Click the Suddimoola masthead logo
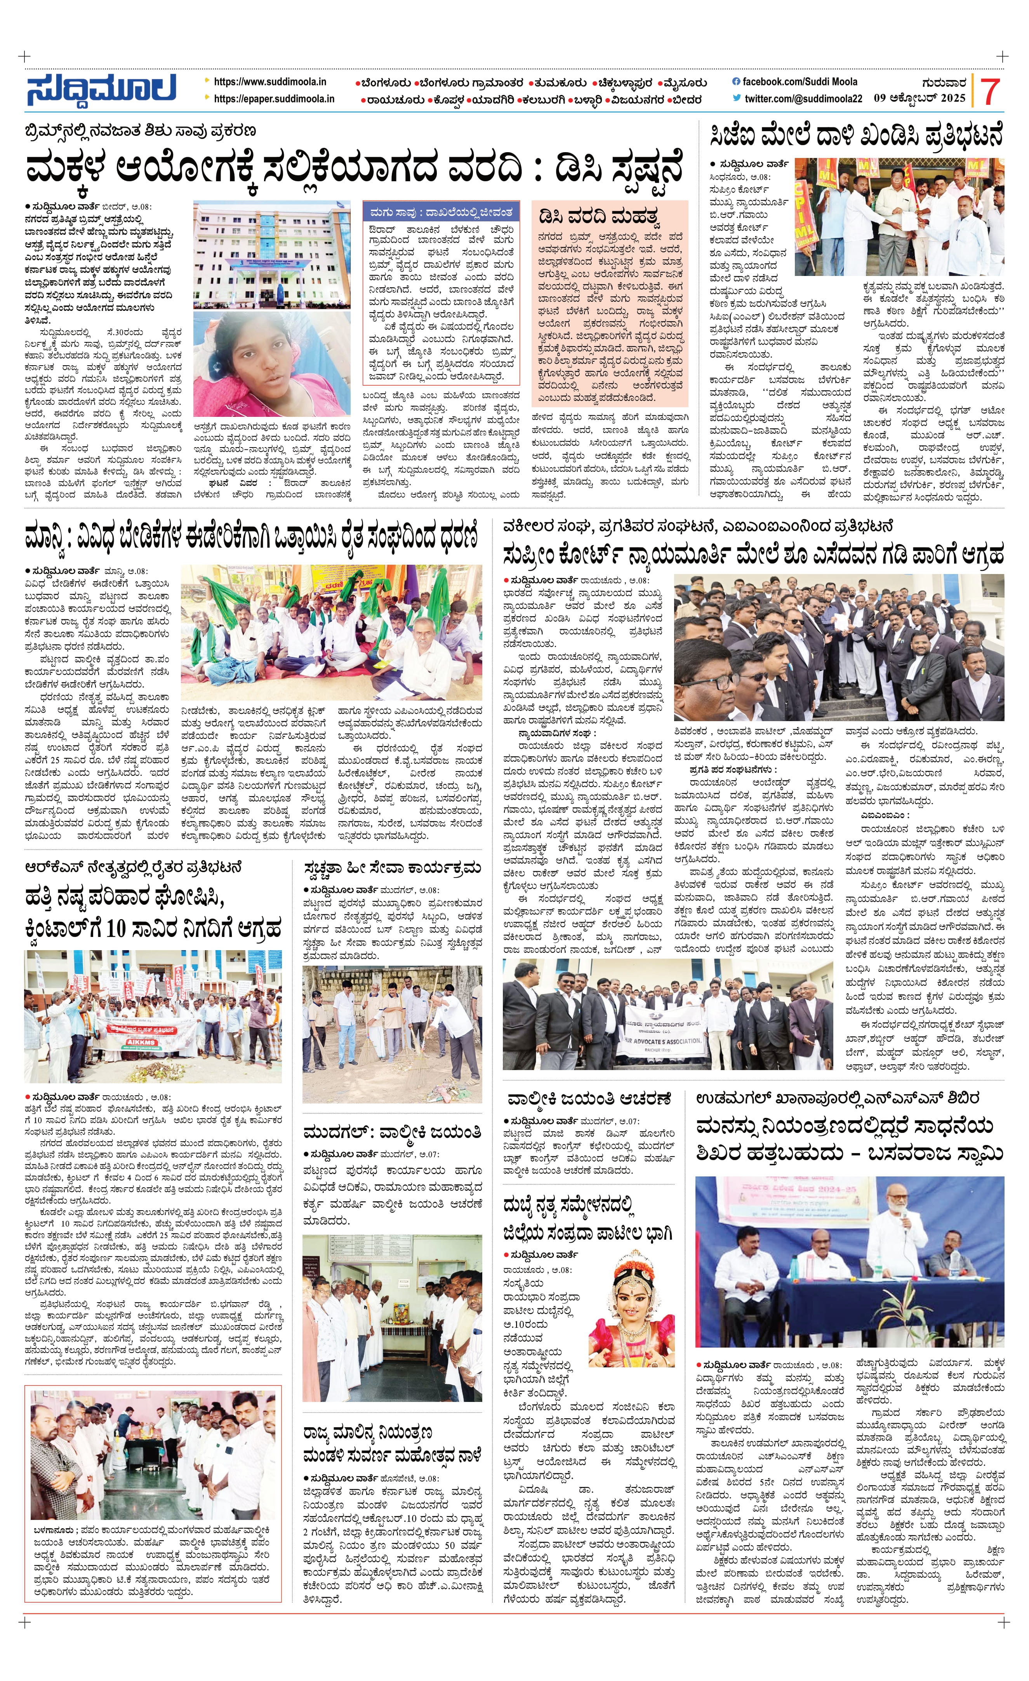pos(101,89)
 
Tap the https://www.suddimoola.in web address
pos(269,82)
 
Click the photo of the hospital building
pos(271,255)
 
